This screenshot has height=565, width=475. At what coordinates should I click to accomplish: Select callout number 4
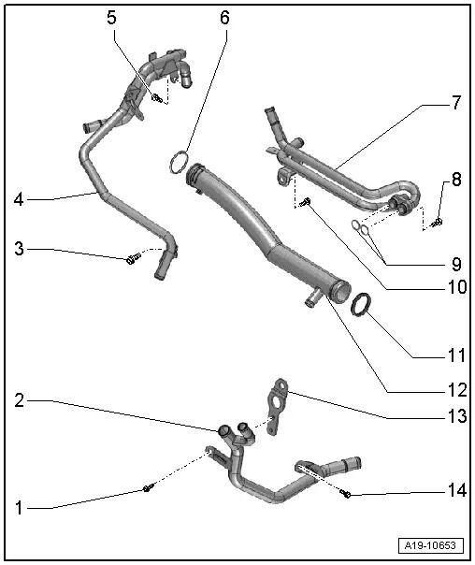tap(19, 198)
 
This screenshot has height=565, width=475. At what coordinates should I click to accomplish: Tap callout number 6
tap(223, 18)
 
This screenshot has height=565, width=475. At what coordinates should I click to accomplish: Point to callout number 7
tap(455, 104)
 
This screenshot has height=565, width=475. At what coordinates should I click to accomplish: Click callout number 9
tap(456, 265)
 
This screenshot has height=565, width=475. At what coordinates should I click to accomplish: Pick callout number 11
tap(455, 355)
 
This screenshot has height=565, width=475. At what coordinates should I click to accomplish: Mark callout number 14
tap(455, 490)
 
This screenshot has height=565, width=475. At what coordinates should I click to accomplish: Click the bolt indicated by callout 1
tap(147, 488)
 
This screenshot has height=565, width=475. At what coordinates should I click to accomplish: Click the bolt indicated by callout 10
tap(306, 204)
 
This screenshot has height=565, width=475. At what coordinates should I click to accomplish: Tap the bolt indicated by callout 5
tap(157, 97)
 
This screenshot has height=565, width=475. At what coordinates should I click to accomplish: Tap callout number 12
tap(455, 385)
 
